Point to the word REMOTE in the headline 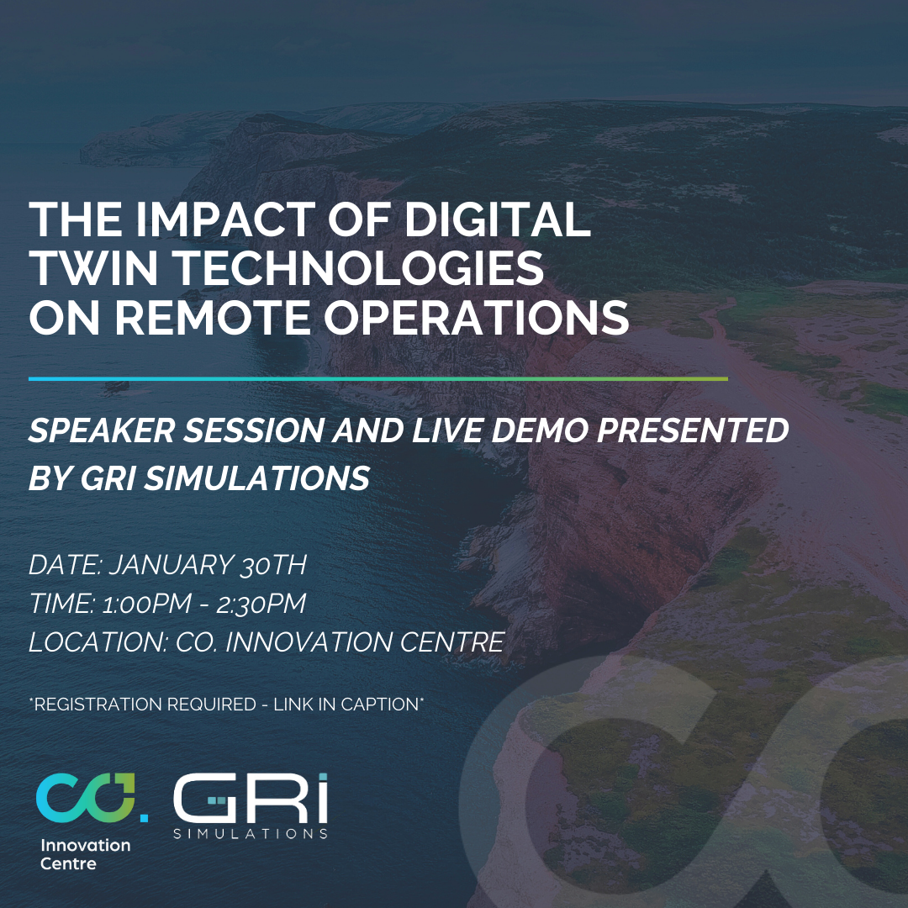click(x=213, y=317)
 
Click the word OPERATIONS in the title click(x=477, y=317)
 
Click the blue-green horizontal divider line click(x=378, y=378)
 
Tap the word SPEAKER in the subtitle click(x=102, y=430)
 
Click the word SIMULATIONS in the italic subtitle click(x=256, y=478)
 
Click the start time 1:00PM click(x=146, y=604)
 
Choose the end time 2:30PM click(x=261, y=604)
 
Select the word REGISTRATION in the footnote click(x=145, y=705)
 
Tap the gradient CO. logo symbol click(x=92, y=797)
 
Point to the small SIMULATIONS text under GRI click(x=251, y=834)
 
